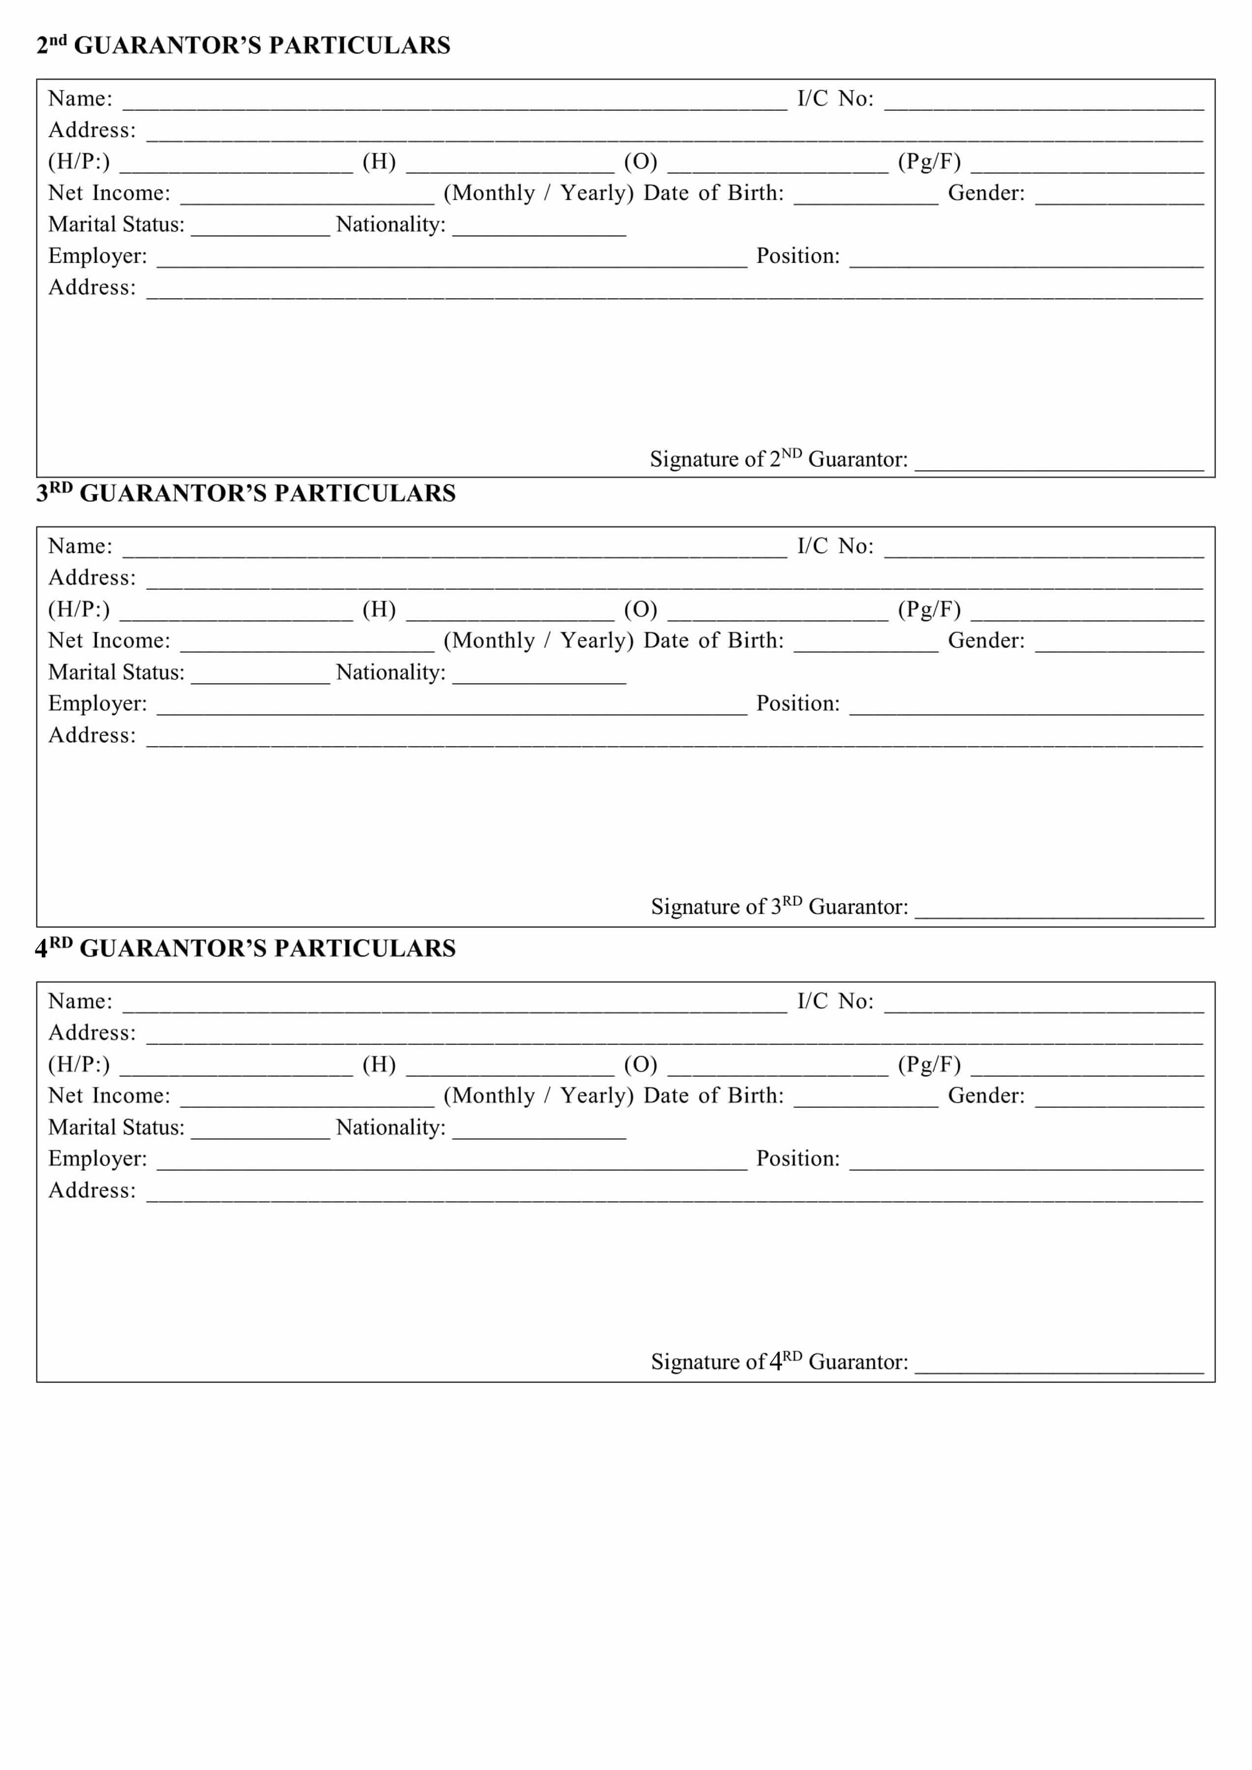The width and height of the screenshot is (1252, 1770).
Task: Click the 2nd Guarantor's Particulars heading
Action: pyautogui.click(x=243, y=46)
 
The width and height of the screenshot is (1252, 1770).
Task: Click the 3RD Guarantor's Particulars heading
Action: pyautogui.click(x=246, y=493)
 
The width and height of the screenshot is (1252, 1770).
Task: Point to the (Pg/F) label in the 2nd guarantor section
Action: pyautogui.click(x=929, y=162)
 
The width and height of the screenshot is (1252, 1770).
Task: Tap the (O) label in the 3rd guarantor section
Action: pyautogui.click(x=641, y=610)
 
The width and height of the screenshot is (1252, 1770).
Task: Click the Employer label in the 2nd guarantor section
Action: pyautogui.click(x=97, y=256)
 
